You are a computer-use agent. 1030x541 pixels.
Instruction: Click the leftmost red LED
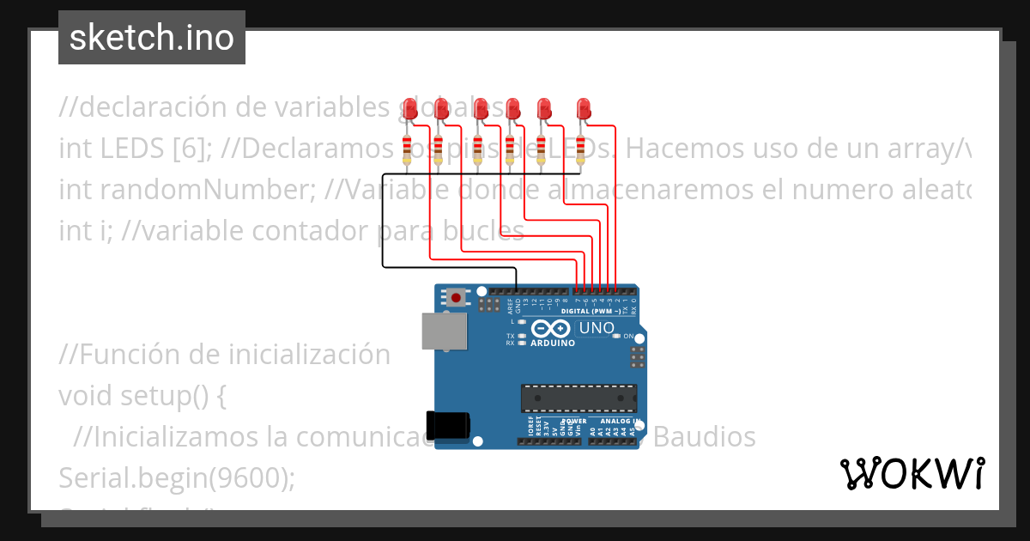pos(410,108)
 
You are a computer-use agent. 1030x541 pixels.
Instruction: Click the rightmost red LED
pos(584,108)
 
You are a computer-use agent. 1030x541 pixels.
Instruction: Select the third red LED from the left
pos(481,108)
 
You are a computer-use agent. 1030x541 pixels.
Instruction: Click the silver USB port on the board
pos(444,331)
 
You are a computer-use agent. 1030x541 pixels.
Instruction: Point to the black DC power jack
pos(448,425)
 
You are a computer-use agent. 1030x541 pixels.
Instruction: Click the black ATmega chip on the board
pos(579,398)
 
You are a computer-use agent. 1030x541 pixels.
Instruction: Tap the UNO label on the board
pos(597,328)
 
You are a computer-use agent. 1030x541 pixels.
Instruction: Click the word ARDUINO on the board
pos(552,343)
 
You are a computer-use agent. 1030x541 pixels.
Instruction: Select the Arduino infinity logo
pos(551,329)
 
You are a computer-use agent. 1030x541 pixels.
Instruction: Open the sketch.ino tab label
pos(152,38)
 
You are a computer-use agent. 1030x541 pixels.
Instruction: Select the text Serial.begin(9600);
pos(177,477)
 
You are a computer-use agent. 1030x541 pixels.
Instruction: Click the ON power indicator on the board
pos(627,336)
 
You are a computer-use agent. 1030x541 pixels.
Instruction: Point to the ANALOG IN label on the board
pos(620,422)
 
